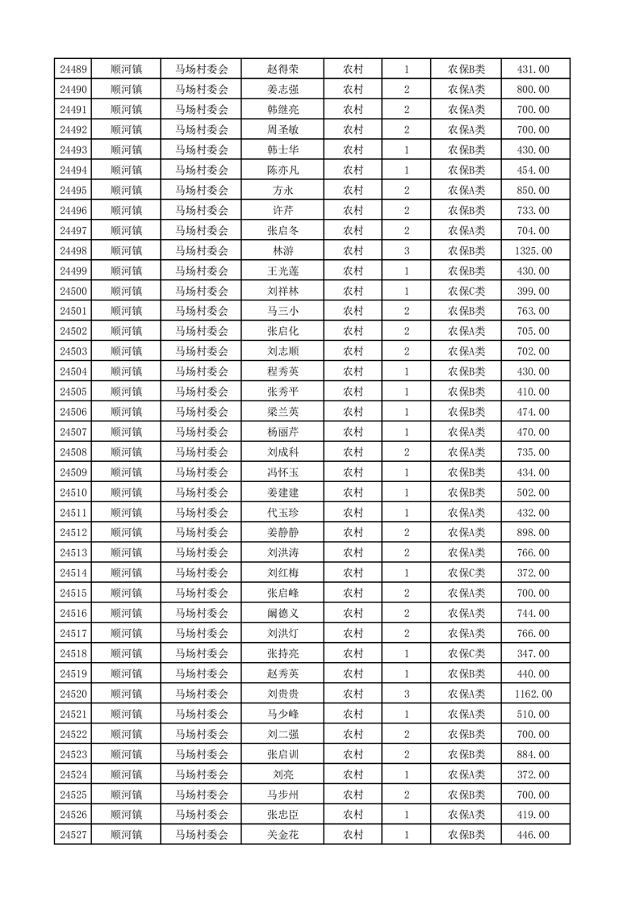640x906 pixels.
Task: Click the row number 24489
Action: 73,69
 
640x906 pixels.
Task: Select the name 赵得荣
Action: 282,69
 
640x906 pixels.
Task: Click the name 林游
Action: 282,251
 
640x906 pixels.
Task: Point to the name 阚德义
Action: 282,613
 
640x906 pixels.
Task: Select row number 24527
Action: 73,834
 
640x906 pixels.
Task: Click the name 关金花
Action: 282,834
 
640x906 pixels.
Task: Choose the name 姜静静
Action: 282,532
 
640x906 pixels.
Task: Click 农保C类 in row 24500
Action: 466,291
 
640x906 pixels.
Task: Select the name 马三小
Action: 282,311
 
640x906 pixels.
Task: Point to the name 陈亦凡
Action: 282,170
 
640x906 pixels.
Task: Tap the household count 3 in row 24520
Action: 406,694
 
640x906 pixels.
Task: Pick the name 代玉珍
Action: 282,512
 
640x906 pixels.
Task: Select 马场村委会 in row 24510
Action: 202,492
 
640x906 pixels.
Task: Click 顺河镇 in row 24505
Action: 126,392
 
